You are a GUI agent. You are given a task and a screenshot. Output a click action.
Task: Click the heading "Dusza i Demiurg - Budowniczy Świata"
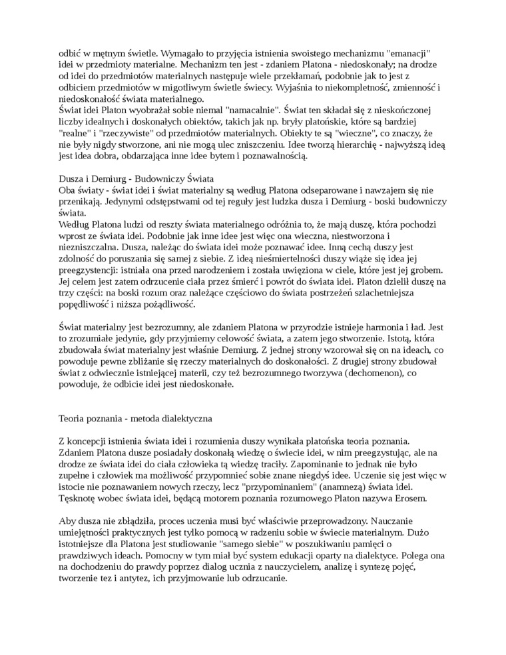136,178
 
